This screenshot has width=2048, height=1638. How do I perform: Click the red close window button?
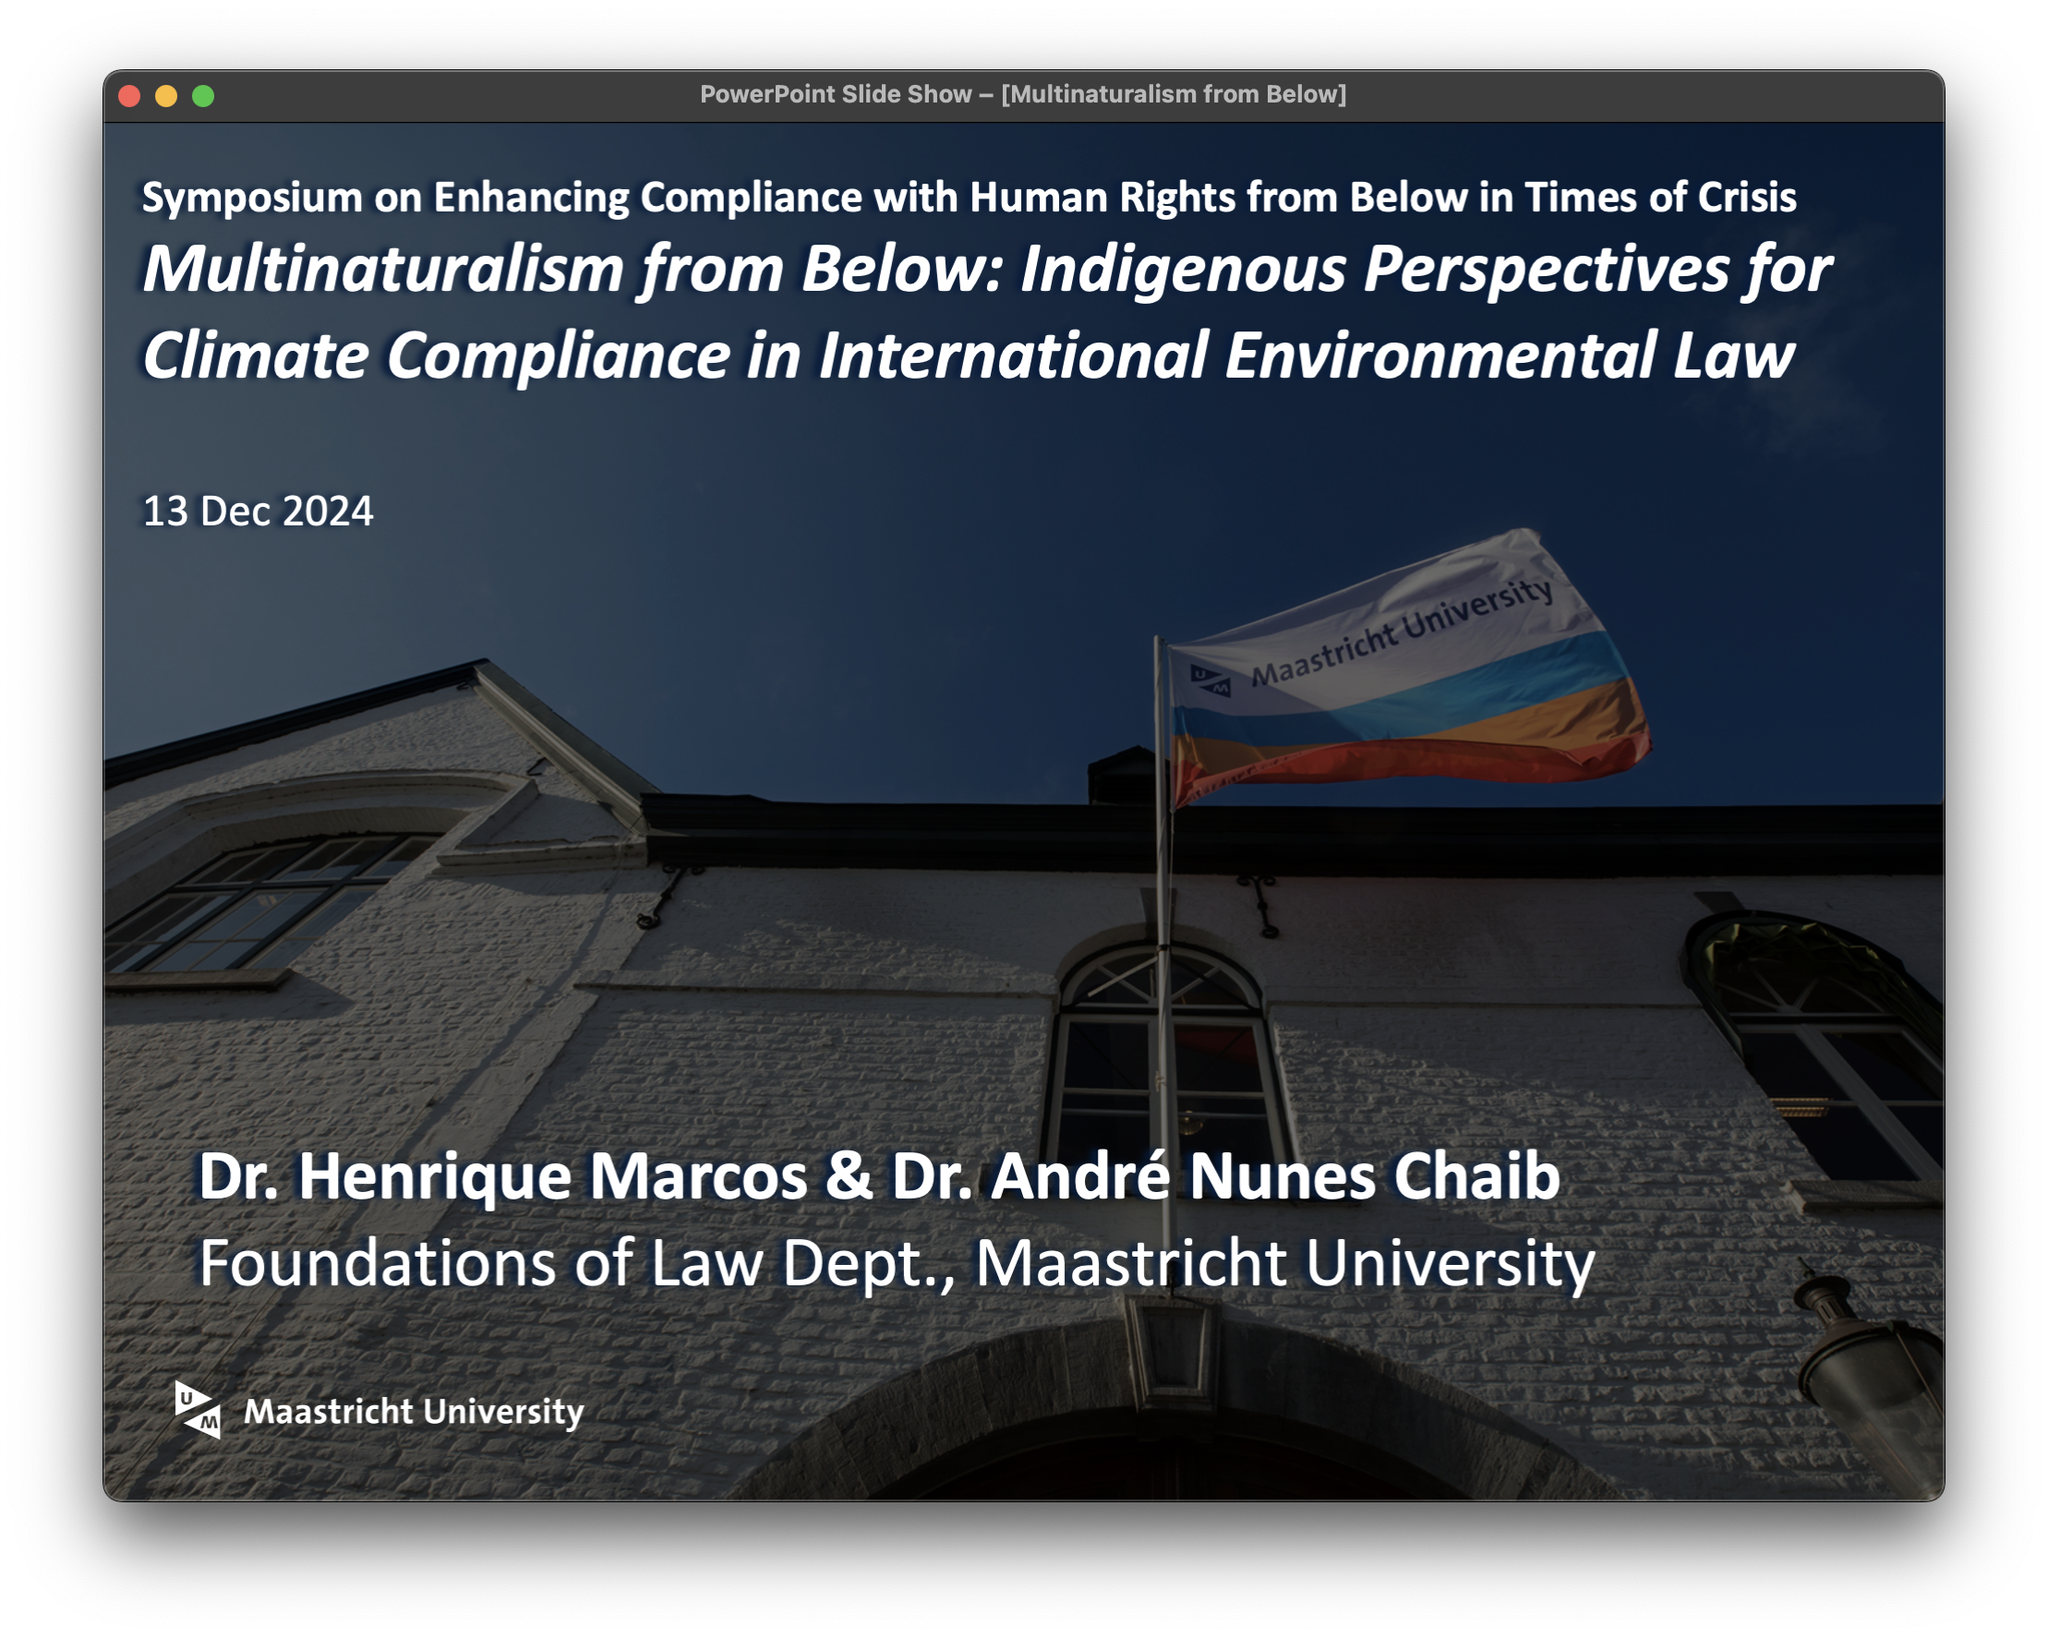pyautogui.click(x=129, y=96)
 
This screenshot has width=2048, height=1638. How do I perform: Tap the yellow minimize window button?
pyautogui.click(x=166, y=96)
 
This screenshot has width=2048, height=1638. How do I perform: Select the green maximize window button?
pyautogui.click(x=203, y=96)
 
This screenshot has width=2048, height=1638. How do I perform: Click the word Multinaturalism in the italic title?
pyautogui.click(x=384, y=269)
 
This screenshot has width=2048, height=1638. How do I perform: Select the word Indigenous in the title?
pyautogui.click(x=1183, y=271)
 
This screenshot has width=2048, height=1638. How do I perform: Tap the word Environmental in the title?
pyautogui.click(x=1440, y=355)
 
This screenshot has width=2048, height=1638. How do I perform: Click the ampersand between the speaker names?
pyautogui.click(x=849, y=1176)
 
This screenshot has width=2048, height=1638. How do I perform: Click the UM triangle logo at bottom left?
pyautogui.click(x=198, y=1410)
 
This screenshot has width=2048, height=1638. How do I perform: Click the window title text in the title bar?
pyautogui.click(x=1023, y=94)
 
